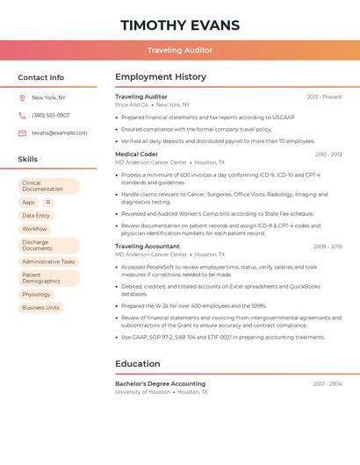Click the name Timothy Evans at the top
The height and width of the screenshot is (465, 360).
(x=180, y=25)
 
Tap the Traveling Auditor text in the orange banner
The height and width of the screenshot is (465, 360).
(x=180, y=50)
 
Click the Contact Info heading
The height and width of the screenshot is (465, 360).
(x=41, y=77)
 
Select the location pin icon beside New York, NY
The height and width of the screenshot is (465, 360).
(x=22, y=98)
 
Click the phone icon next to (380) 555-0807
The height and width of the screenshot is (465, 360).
(x=22, y=115)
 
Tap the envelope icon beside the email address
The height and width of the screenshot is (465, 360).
(x=22, y=132)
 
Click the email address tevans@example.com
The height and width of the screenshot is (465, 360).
(x=60, y=132)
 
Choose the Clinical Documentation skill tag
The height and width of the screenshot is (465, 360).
(x=48, y=186)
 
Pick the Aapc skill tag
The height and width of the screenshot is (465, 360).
(x=29, y=202)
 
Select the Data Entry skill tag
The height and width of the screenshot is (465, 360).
(x=36, y=215)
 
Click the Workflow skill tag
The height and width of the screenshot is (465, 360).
(x=34, y=229)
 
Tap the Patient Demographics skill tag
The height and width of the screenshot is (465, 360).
(x=48, y=278)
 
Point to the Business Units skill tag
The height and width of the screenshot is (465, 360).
(x=41, y=308)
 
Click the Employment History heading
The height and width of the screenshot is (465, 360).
(x=161, y=77)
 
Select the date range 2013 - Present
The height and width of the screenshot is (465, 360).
(x=324, y=97)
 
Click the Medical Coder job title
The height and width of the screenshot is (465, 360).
(x=137, y=154)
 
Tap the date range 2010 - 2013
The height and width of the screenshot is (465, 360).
(x=328, y=154)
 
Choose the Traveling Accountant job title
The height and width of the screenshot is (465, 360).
(x=148, y=247)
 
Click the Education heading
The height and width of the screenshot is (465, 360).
(x=138, y=363)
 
